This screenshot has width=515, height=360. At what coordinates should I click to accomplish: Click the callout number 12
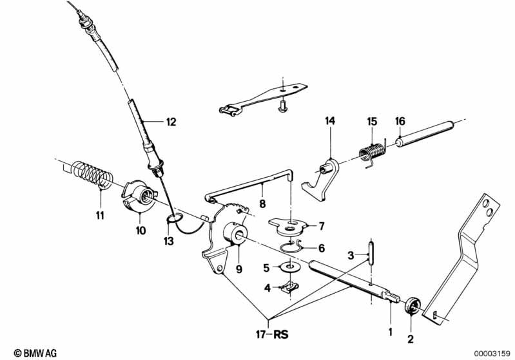click(171, 122)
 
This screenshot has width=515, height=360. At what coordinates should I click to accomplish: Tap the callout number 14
click(330, 121)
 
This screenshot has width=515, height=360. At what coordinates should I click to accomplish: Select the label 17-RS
click(272, 334)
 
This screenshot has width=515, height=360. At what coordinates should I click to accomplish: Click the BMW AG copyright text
click(35, 353)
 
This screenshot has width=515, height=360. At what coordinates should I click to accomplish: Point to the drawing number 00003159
click(492, 354)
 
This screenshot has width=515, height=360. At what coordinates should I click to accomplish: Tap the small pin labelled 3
click(371, 252)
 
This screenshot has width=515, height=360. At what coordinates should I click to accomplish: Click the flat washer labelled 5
click(290, 267)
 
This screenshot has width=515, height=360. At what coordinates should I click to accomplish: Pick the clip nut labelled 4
click(289, 287)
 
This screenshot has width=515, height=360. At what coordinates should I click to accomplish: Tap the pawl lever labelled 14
click(320, 179)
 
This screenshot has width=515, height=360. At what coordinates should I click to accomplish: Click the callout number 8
click(262, 204)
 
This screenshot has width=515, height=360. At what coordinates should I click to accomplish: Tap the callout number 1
click(390, 332)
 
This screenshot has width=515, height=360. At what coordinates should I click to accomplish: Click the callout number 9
click(239, 269)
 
